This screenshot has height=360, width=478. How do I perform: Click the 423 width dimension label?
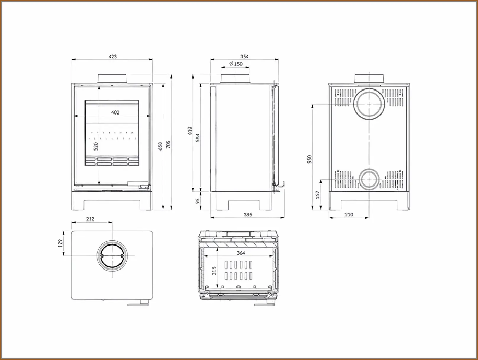point(112,56)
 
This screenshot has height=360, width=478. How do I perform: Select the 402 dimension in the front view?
point(115,112)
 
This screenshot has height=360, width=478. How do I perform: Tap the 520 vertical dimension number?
point(96,146)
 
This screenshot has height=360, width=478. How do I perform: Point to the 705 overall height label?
point(168,144)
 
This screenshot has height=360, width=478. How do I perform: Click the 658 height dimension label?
point(160,146)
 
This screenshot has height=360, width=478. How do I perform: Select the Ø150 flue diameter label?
point(236,64)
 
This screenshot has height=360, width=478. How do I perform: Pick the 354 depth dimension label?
point(244,56)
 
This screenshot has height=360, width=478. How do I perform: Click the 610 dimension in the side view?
point(190,131)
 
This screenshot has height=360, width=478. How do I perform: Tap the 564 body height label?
point(198,138)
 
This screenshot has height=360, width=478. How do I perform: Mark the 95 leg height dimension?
point(198,201)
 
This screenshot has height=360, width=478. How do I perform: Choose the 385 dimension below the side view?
point(248,215)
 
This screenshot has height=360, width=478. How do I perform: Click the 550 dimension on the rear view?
point(309,159)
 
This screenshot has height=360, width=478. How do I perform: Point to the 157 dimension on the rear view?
point(318,195)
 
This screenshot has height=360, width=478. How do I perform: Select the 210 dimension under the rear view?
point(349,215)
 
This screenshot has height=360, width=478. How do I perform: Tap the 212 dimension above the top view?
point(90,219)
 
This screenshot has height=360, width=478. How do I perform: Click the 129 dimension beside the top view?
point(61,243)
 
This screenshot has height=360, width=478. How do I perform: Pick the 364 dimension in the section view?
point(241,253)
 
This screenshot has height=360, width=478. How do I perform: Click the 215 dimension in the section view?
point(214,270)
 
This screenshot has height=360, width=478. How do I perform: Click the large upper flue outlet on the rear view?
point(369,104)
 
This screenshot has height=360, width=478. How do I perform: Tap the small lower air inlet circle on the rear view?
point(369,179)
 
